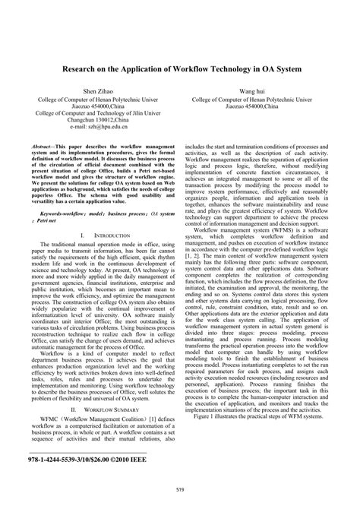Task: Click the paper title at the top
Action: click(x=179, y=68)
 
